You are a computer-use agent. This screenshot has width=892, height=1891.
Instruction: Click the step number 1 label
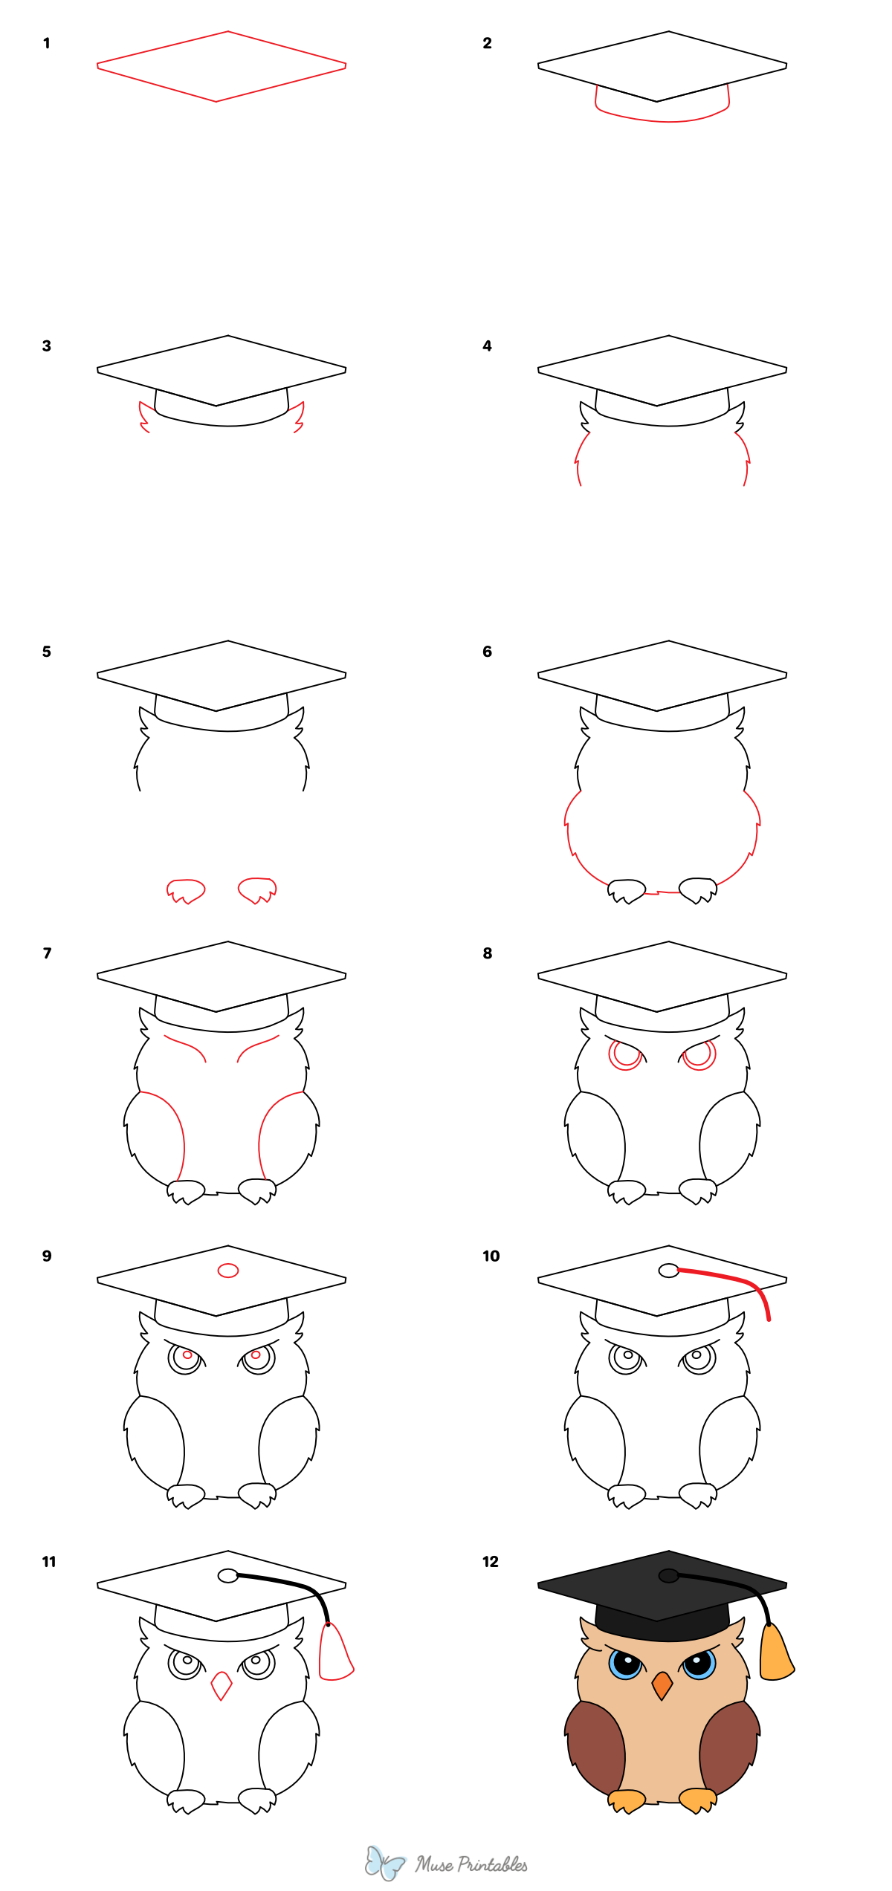click(47, 43)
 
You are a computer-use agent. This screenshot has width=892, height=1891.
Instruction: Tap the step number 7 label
click(48, 953)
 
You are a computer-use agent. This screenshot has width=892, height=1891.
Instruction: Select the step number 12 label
click(490, 1561)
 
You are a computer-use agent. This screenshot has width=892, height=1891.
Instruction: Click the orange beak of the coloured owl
click(662, 1684)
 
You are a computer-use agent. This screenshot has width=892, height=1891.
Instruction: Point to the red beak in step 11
click(222, 1684)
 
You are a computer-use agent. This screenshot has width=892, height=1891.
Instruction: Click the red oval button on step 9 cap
click(227, 1271)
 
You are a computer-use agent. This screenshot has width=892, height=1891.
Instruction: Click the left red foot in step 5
click(185, 889)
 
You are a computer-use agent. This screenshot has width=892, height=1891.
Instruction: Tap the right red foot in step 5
click(257, 889)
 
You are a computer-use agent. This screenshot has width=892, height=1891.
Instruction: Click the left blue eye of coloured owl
click(625, 1664)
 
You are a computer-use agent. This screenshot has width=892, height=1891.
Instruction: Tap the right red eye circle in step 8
click(699, 1054)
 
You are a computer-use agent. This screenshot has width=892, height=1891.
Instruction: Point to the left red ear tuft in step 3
click(143, 416)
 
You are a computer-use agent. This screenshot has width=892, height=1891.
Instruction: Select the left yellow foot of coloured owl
click(626, 1801)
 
